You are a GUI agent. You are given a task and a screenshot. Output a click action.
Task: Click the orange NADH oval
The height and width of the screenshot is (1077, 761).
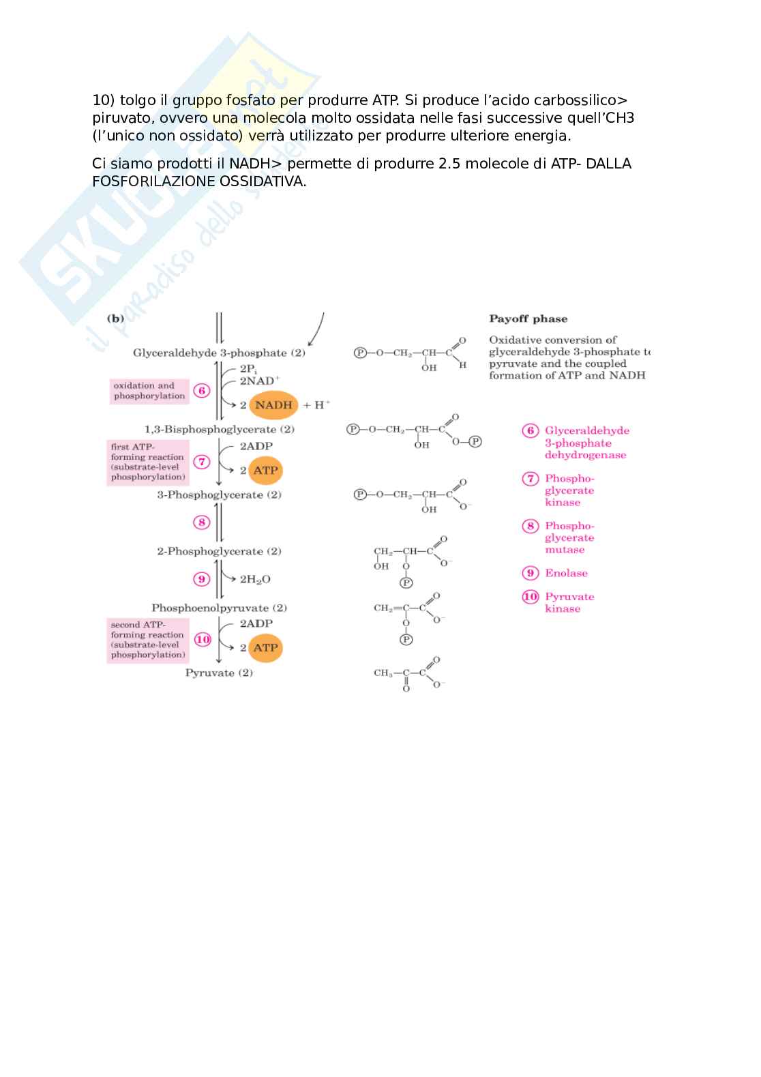tap(273, 405)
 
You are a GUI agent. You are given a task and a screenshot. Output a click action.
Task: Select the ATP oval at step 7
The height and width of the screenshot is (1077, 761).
tap(265, 471)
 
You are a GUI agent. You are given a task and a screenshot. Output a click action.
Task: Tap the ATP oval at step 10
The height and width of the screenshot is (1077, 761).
tap(265, 648)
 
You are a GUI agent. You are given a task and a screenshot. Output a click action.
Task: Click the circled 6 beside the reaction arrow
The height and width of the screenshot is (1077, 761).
tap(202, 391)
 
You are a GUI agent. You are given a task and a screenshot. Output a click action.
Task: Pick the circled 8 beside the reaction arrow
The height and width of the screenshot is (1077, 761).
tap(202, 522)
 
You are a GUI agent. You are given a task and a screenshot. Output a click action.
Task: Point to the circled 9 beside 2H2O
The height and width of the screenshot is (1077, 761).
tap(202, 579)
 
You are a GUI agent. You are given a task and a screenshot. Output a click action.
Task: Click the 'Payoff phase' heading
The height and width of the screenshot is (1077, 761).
tap(528, 319)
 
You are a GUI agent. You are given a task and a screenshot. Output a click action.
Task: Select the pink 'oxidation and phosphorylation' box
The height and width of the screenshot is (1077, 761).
tap(149, 391)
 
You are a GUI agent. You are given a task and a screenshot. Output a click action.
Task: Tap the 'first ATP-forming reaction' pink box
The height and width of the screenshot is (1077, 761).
tap(148, 462)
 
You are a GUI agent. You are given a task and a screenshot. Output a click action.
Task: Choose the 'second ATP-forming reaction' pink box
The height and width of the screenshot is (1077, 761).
tap(148, 640)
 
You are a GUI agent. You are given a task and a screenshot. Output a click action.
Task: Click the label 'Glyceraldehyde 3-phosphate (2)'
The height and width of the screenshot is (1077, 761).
tap(219, 353)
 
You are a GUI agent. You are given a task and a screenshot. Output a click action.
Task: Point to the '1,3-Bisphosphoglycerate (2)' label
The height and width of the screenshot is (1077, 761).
tap(219, 430)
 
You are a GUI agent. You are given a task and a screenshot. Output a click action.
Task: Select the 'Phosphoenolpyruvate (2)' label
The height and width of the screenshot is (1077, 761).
tap(219, 608)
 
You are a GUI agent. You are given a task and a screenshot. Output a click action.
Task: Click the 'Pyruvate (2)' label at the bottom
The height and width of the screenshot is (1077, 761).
tap(219, 673)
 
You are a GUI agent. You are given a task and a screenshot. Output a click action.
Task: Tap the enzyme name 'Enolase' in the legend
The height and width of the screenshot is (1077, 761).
tap(566, 574)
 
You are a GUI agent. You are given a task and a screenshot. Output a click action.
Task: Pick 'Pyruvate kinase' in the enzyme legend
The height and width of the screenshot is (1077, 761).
tap(569, 603)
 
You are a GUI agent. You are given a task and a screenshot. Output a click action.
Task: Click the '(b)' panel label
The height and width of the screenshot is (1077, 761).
tap(115, 319)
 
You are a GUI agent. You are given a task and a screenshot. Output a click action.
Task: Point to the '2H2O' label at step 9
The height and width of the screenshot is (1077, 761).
tap(255, 580)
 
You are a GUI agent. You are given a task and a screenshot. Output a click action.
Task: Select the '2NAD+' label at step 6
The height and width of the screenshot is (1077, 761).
tap(259, 381)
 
